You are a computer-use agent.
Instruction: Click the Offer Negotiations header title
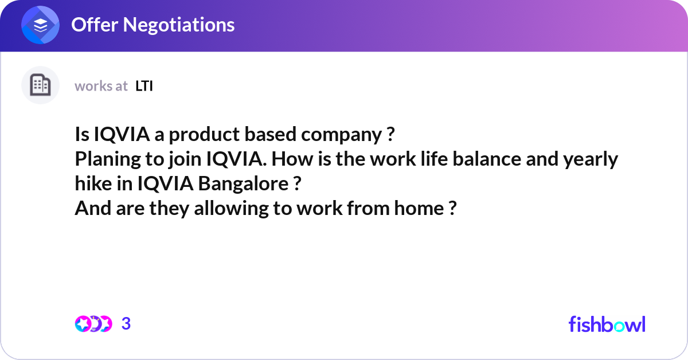[153, 25]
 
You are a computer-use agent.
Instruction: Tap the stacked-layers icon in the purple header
[40, 25]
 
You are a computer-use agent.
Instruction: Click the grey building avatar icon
[40, 85]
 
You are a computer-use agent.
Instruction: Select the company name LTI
[144, 86]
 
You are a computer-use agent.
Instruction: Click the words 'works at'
[101, 86]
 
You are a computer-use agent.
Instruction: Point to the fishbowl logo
[607, 324]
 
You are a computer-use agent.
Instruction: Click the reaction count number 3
[126, 324]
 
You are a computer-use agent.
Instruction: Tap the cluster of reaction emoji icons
[93, 324]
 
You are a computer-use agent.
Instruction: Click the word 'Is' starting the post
[81, 135]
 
